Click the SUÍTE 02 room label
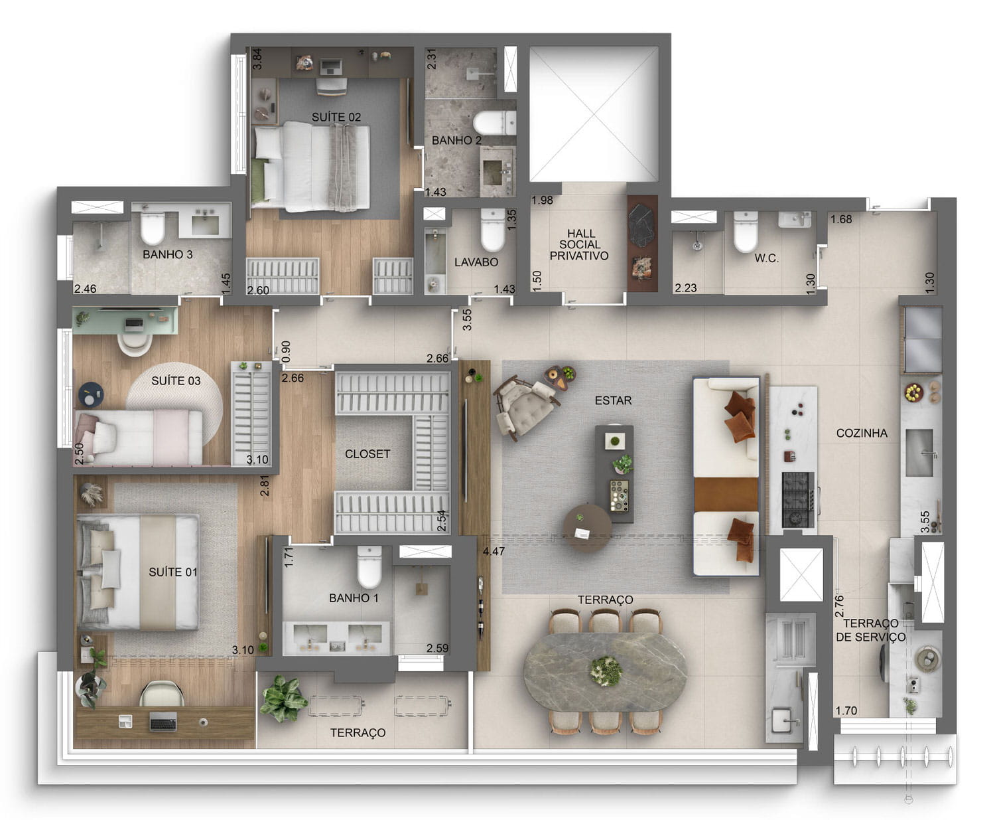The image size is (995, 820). tap(336, 117)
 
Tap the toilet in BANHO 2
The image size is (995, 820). tap(494, 123)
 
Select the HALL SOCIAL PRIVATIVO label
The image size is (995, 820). tap(579, 245)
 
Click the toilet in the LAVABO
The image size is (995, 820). tap(493, 230)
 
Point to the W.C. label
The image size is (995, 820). tap(767, 258)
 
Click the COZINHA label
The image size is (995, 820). tap(862, 433)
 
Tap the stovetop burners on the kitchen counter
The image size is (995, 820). tap(798, 500)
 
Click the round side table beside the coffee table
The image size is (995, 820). tap(587, 528)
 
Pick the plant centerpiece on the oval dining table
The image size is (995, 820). tap(606, 670)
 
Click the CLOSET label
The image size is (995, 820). tap(367, 454)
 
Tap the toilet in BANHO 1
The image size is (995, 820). tap(369, 567)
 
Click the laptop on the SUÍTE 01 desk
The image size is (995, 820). tap(163, 722)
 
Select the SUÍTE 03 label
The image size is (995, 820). tap(176, 380)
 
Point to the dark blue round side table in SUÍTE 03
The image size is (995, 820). tap(91, 394)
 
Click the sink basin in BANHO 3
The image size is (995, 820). tap(205, 225)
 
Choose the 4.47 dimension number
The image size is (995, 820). tap(494, 551)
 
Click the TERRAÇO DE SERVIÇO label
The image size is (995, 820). tap(870, 630)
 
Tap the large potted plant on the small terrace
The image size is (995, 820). tap(283, 698)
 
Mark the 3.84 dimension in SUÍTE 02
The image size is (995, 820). tap(257, 59)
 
